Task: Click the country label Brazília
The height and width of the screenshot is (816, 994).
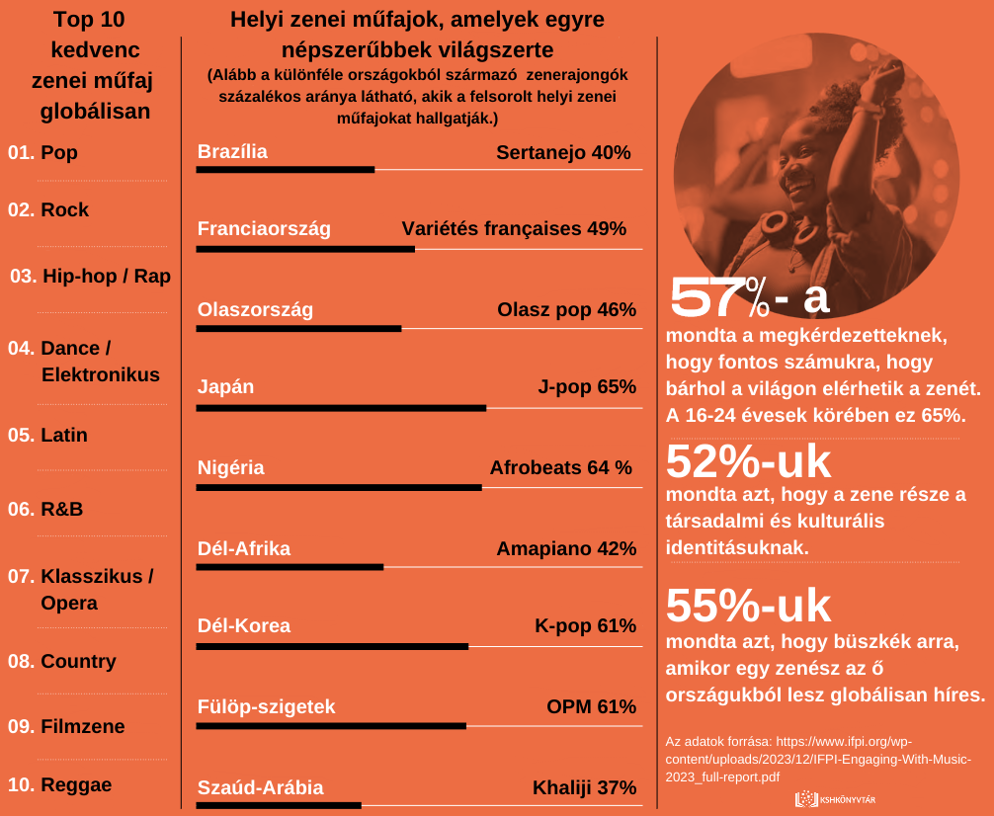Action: [x=232, y=152]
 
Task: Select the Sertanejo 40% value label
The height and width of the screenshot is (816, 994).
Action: [x=563, y=152]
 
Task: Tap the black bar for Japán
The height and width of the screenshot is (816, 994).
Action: [x=341, y=407]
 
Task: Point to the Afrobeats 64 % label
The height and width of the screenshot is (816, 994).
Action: [x=560, y=467]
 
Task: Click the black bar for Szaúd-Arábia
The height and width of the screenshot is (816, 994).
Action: [x=279, y=805]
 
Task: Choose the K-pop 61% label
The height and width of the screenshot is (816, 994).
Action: [x=585, y=625]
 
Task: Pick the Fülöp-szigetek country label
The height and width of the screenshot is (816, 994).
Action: [x=266, y=706]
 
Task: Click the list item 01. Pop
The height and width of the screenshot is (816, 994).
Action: [x=42, y=153]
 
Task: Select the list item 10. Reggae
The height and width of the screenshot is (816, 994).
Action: [x=59, y=785]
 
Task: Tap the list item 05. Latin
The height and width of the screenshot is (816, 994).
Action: [x=47, y=435]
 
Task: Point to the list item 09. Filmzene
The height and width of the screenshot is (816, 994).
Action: [x=66, y=726]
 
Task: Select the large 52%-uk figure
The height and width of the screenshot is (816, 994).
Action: [x=749, y=461]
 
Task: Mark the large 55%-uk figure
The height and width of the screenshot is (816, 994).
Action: [x=749, y=606]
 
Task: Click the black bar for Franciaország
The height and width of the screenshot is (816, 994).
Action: [x=305, y=248]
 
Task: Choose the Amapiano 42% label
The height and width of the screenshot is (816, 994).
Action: [x=566, y=548]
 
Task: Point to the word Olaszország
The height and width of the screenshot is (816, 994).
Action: [x=255, y=309]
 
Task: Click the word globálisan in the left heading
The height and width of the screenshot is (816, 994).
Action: [x=95, y=112]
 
